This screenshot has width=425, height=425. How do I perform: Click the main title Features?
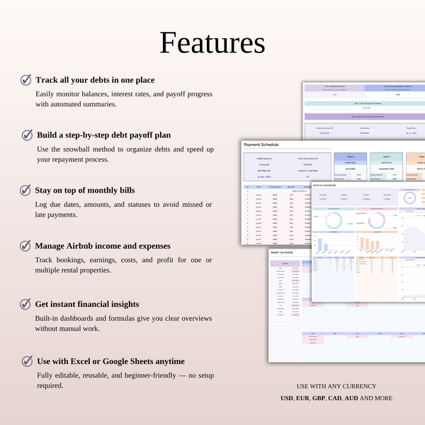(x=212, y=42)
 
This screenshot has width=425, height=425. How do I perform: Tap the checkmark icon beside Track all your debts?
(x=26, y=80)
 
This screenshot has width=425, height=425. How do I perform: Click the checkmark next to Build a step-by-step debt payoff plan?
(x=26, y=135)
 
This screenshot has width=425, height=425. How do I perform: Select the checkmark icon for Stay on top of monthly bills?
(x=26, y=190)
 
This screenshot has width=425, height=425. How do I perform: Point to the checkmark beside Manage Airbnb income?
(x=26, y=246)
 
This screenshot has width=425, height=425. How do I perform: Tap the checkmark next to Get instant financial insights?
(x=26, y=304)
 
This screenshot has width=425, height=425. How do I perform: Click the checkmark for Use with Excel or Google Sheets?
(x=26, y=361)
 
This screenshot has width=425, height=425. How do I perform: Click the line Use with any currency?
(x=336, y=386)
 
